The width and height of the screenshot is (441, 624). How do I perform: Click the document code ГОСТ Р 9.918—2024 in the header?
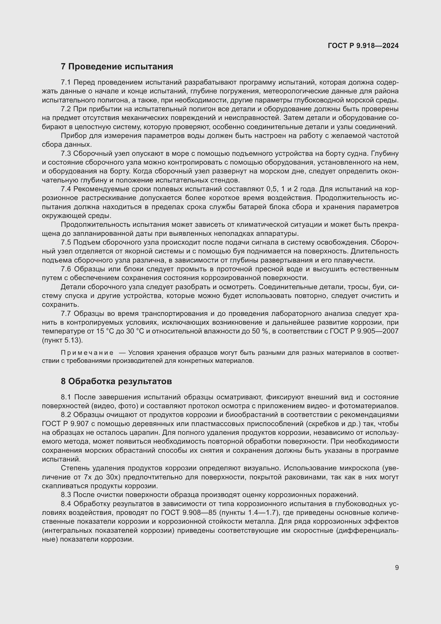point(363,46)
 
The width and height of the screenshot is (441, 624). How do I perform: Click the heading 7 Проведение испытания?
point(117,67)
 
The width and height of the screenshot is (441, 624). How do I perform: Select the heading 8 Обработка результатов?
point(116,381)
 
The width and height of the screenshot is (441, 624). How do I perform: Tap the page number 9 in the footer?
point(397,567)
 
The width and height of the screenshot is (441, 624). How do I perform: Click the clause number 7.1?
point(66,82)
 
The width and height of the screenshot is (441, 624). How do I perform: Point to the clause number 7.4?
point(66,189)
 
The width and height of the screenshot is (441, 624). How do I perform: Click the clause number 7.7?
point(66,314)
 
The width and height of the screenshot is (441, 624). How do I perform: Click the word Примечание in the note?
point(87,353)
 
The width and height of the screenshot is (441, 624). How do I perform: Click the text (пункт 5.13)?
point(62,340)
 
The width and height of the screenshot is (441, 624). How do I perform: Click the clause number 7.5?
point(66,242)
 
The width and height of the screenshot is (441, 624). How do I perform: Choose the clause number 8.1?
point(66,397)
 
